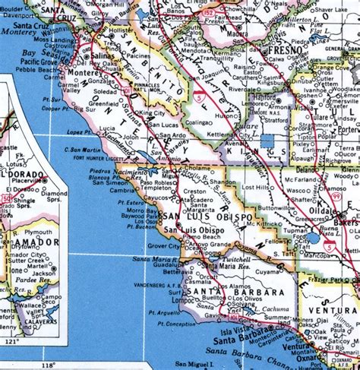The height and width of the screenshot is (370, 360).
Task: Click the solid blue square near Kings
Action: point(267,141)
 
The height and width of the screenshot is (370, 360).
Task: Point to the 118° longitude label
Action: point(49,365)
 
